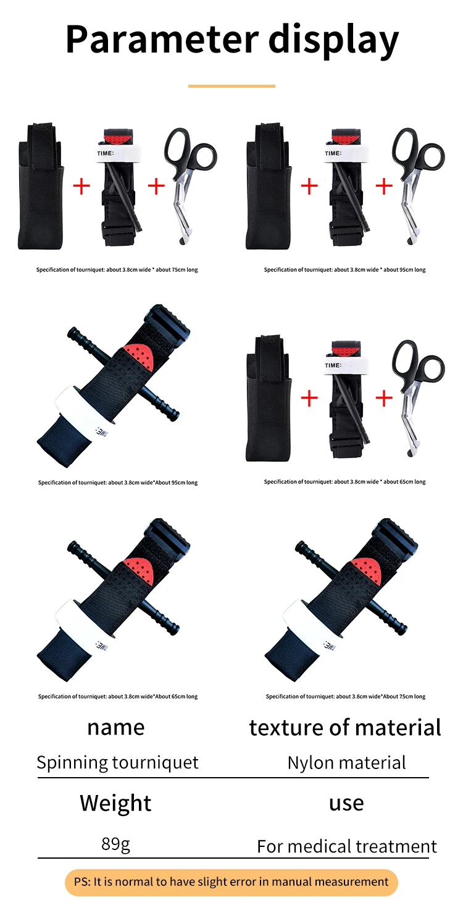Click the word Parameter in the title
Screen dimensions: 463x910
pos(162,39)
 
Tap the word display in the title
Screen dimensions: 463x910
pos(334,41)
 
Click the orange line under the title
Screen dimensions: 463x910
pos(231,86)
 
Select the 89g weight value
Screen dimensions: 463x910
pos(115,844)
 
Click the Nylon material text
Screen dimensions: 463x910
pos(346,762)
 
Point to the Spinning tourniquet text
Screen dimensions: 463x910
pos(118,762)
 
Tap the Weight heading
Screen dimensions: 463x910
pos(115,803)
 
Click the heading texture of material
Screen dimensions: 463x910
pos(345,727)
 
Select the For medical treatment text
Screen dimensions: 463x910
pos(347,846)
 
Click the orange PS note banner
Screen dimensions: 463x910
pos(231,882)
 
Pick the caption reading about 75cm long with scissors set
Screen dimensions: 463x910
pos(117,270)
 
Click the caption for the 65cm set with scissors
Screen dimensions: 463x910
pos(345,482)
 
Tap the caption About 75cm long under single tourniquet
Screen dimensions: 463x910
pos(346,696)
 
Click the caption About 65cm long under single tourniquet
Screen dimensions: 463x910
pos(118,696)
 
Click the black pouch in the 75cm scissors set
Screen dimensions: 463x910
pos(41,185)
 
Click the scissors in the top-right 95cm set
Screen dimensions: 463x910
pos(418,185)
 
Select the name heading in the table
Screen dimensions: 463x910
pos(115,728)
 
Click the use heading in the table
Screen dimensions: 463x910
pos(346,803)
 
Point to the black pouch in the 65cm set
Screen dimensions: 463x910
pos(269,398)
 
